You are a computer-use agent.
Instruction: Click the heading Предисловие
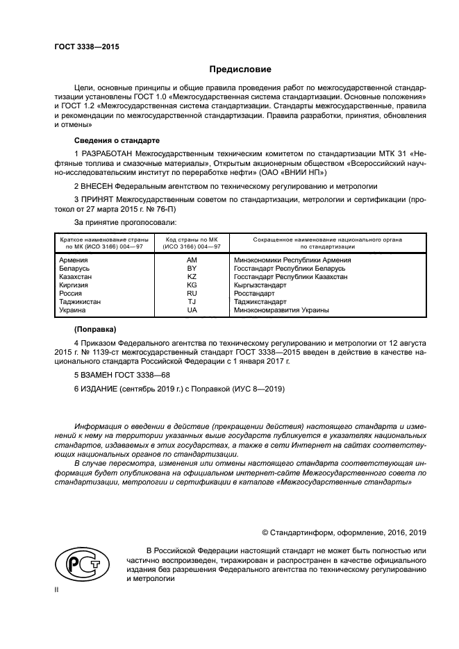coord(241,69)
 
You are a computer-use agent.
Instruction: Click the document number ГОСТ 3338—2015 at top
coord(87,47)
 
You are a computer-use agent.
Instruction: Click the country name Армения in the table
coord(74,260)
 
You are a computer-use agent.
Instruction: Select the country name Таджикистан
coord(80,302)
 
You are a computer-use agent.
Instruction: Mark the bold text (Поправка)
coord(95,329)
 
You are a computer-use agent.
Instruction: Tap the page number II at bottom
coord(57,589)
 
